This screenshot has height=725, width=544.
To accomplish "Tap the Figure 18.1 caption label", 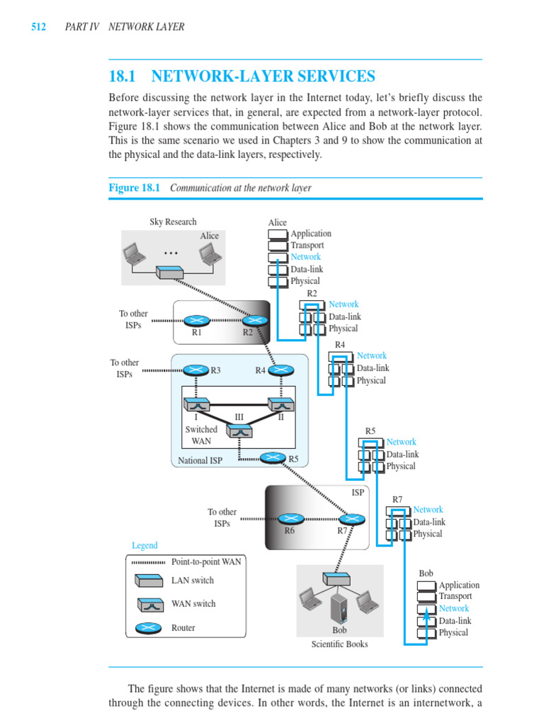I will click(x=135, y=188).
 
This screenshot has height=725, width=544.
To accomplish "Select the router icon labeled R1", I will click(x=197, y=321).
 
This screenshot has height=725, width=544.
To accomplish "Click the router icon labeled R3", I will click(x=195, y=370).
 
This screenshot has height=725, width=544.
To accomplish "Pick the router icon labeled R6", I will click(x=290, y=518).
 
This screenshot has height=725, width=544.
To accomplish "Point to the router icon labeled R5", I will click(x=273, y=458).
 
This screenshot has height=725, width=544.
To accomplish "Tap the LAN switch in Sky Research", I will click(x=170, y=272).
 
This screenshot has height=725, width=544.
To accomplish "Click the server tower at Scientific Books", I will click(x=339, y=607).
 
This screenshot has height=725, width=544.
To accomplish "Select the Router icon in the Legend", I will click(x=148, y=628).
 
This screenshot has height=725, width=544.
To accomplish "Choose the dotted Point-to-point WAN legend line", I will click(x=148, y=562).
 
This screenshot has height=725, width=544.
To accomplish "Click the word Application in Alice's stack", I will click(x=311, y=234).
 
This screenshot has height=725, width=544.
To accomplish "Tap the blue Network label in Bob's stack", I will click(x=453, y=609).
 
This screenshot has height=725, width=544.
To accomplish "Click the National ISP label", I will click(x=199, y=460).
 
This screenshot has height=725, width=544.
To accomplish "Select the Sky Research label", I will click(x=173, y=222).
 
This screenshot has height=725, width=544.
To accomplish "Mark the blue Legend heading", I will click(x=144, y=546).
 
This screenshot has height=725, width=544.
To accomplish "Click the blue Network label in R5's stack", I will click(x=401, y=443).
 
